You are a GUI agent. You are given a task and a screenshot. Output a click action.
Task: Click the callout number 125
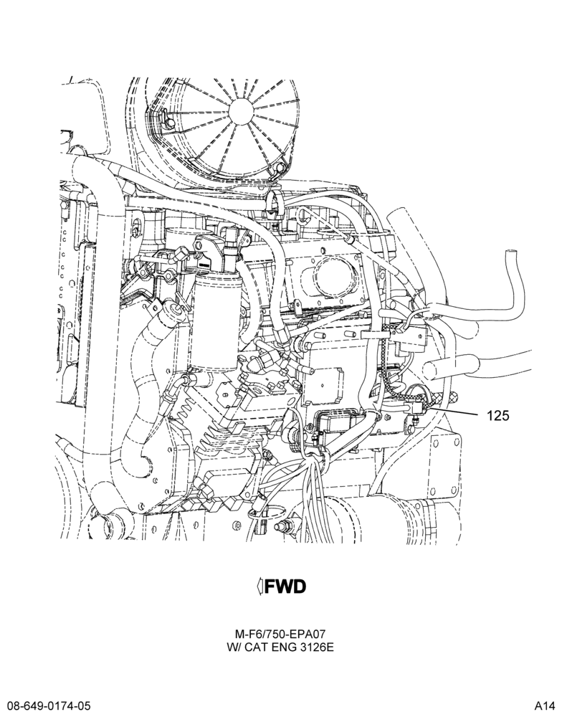point(497,415)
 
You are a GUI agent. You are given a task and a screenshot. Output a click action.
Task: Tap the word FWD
point(286,587)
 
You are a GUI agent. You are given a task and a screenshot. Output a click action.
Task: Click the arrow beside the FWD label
point(260,587)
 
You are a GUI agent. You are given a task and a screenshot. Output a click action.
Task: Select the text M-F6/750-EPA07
point(280,635)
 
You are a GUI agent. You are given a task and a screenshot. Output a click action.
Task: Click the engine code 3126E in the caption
point(318,647)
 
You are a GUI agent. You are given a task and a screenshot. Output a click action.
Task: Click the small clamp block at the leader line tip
point(417,407)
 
